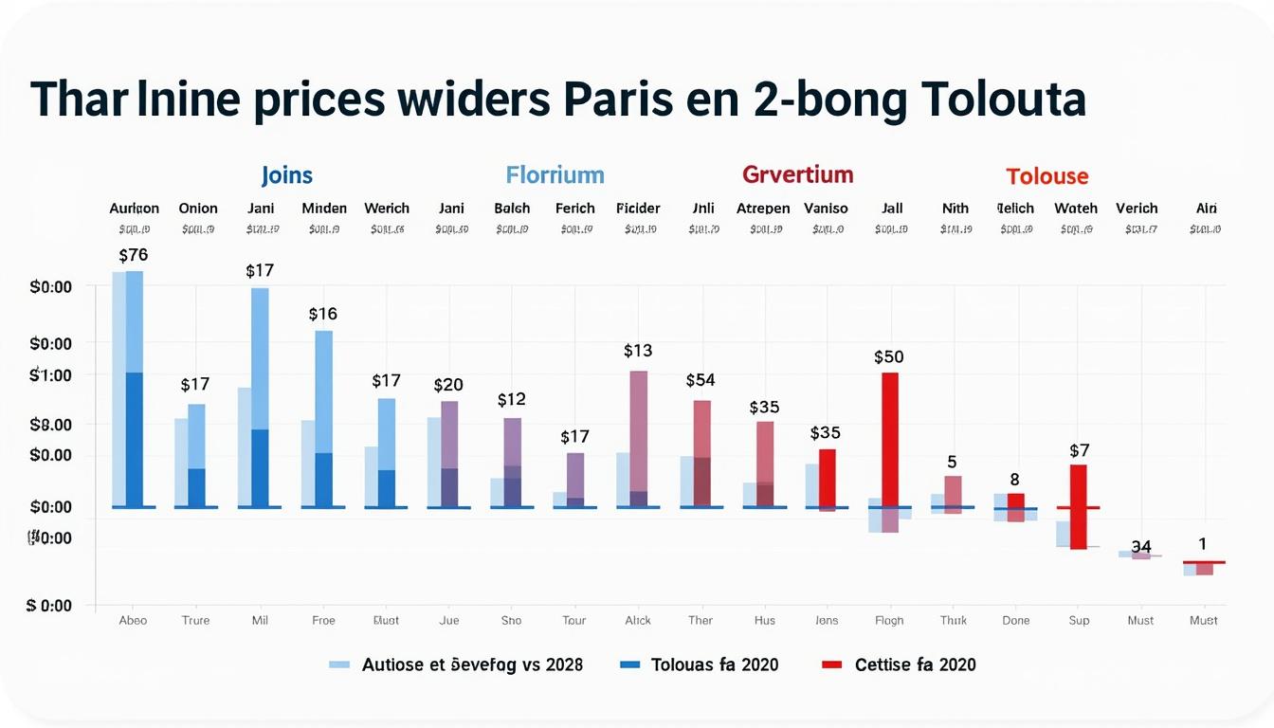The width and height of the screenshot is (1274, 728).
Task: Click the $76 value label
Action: pyautogui.click(x=134, y=255)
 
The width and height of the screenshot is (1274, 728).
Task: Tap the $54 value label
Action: pyautogui.click(x=701, y=380)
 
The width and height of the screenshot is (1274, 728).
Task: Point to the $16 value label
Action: pyautogui.click(x=323, y=314)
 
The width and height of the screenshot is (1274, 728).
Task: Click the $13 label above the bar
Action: pyautogui.click(x=638, y=351)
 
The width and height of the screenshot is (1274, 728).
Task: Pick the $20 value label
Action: pyautogui.click(x=448, y=385)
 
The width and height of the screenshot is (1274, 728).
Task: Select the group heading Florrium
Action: pyautogui.click(x=555, y=175)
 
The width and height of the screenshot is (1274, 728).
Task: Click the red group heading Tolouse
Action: pyautogui.click(x=1046, y=176)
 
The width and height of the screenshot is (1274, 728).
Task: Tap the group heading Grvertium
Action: pyautogui.click(x=797, y=174)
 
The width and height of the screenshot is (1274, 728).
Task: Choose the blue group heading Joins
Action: pyautogui.click(x=286, y=175)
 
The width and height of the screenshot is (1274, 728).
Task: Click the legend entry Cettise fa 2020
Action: pyautogui.click(x=915, y=664)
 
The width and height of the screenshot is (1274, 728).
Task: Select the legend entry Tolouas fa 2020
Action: pyautogui.click(x=715, y=664)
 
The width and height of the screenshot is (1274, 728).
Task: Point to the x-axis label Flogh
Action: pyautogui.click(x=889, y=621)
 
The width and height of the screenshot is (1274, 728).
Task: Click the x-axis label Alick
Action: pyautogui.click(x=638, y=621)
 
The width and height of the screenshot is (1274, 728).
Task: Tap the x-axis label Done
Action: pyautogui.click(x=1015, y=621)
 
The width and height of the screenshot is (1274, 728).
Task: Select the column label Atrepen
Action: pyautogui.click(x=763, y=209)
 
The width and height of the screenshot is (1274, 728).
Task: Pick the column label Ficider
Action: pyautogui.click(x=638, y=209)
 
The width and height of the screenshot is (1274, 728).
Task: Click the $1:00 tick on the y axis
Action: pyautogui.click(x=51, y=375)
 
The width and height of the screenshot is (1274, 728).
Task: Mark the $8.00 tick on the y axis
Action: pyautogui.click(x=51, y=425)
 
